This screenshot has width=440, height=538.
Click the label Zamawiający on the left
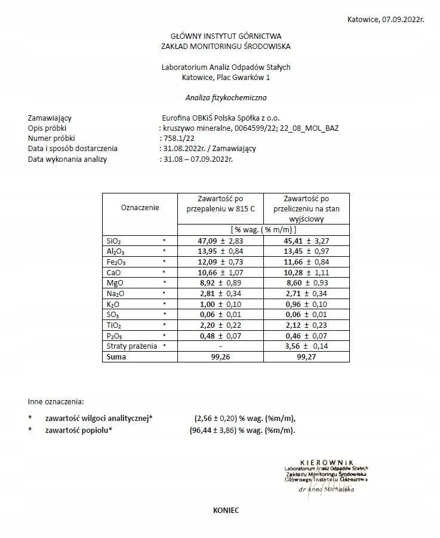pos(50,118)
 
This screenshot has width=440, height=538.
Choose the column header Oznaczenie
pos(140,208)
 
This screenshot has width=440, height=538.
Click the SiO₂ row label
pos(113,241)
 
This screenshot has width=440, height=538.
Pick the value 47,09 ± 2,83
pos(220,241)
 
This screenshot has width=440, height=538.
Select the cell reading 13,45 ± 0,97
pos(306,251)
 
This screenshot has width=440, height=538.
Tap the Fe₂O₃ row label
pos(116,262)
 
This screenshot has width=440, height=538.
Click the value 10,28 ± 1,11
pos(306,272)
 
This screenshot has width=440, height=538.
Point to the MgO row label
pos(114,283)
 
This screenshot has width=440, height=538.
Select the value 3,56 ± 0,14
pos(306,346)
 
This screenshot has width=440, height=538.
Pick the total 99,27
pos(306,356)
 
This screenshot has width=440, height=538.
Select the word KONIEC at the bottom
pos(226,511)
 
